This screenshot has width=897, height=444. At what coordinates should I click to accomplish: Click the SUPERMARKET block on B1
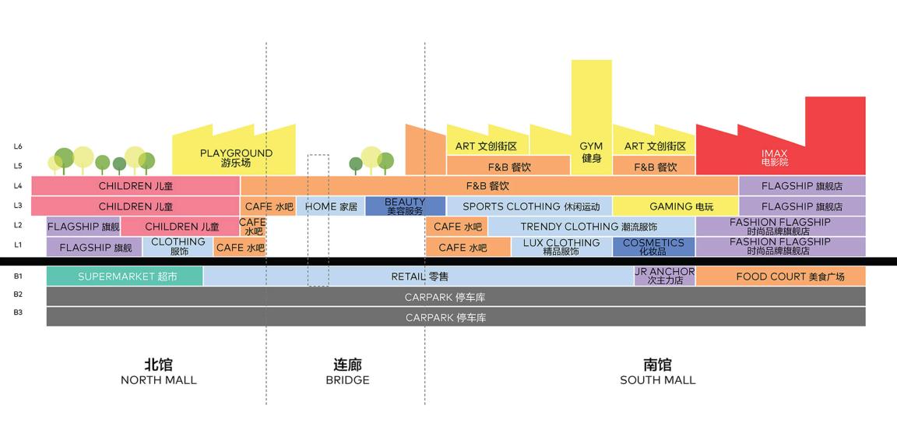(x=125, y=277)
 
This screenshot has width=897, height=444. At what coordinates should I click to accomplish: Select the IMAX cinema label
(x=774, y=157)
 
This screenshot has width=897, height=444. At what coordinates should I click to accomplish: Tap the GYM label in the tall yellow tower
(x=591, y=152)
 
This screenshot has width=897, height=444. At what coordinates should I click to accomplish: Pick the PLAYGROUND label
(x=236, y=157)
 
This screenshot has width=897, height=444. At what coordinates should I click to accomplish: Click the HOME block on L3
(x=331, y=206)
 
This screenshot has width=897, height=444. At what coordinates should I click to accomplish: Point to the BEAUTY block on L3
(x=405, y=206)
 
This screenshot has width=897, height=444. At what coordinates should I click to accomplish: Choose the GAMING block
(x=675, y=206)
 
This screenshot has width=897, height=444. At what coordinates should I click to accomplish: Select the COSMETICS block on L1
(x=653, y=247)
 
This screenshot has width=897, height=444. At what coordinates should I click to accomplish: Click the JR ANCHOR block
(x=664, y=276)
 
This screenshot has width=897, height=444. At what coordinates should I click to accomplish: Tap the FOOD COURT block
(x=780, y=277)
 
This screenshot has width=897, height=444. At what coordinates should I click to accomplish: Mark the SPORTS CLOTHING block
(x=529, y=206)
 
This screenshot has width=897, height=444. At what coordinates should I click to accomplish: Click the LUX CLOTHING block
(x=561, y=247)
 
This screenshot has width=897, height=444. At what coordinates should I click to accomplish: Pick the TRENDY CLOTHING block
(x=590, y=227)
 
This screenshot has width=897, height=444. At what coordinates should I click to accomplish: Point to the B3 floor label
(x=18, y=312)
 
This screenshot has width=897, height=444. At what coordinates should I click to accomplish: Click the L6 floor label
(x=18, y=146)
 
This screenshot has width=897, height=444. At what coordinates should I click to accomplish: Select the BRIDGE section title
(x=347, y=372)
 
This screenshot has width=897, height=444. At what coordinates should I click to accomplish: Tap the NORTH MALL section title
(x=158, y=372)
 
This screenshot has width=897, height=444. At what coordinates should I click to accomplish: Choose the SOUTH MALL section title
(x=657, y=372)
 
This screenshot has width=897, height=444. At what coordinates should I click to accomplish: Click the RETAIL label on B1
(x=419, y=277)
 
